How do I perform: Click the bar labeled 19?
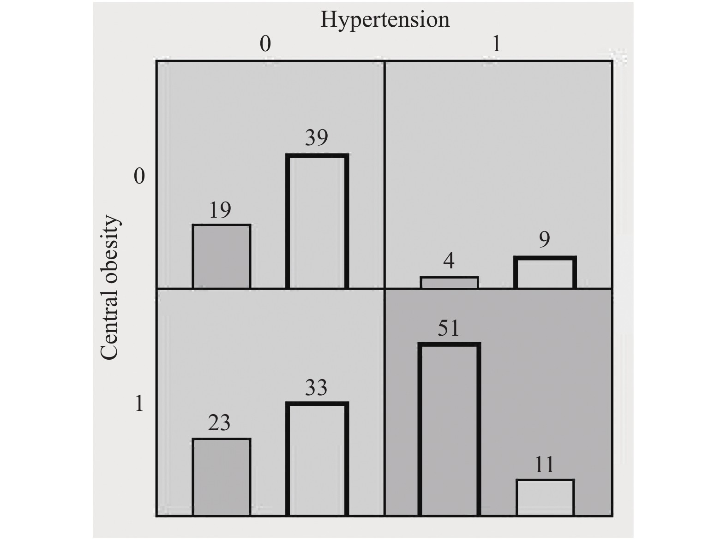point(222,256)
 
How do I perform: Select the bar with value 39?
point(317,221)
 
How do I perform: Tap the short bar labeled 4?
point(449,283)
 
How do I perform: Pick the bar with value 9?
point(545,273)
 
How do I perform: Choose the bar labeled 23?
point(222,477)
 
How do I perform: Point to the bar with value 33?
point(317,459)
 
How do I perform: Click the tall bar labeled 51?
point(449,430)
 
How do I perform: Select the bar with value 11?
point(545,498)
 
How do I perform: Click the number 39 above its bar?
point(317,137)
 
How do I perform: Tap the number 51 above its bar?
point(448,328)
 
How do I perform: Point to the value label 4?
point(449,261)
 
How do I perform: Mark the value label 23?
point(219,423)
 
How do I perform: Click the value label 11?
point(544,464)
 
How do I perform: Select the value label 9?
point(545,239)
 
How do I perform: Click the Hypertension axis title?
point(385,20)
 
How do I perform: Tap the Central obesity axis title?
point(110,287)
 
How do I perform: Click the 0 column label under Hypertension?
point(265,44)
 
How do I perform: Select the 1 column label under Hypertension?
point(497,44)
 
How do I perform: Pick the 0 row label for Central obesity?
point(139,176)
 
